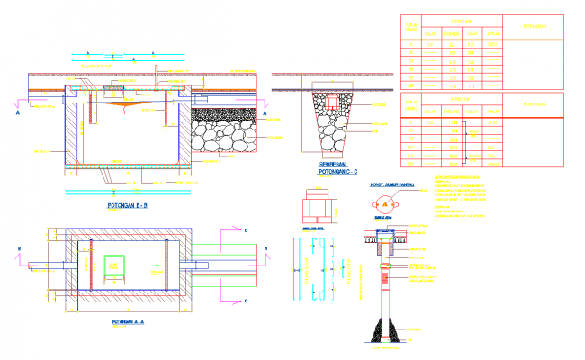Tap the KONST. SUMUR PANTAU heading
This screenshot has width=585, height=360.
click(x=391, y=184)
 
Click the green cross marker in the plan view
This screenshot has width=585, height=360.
click(x=155, y=264)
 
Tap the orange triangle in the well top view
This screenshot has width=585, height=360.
click(x=388, y=205)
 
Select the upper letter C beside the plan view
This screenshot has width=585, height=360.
click(x=247, y=231)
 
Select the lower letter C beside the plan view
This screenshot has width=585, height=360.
click(x=247, y=299)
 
